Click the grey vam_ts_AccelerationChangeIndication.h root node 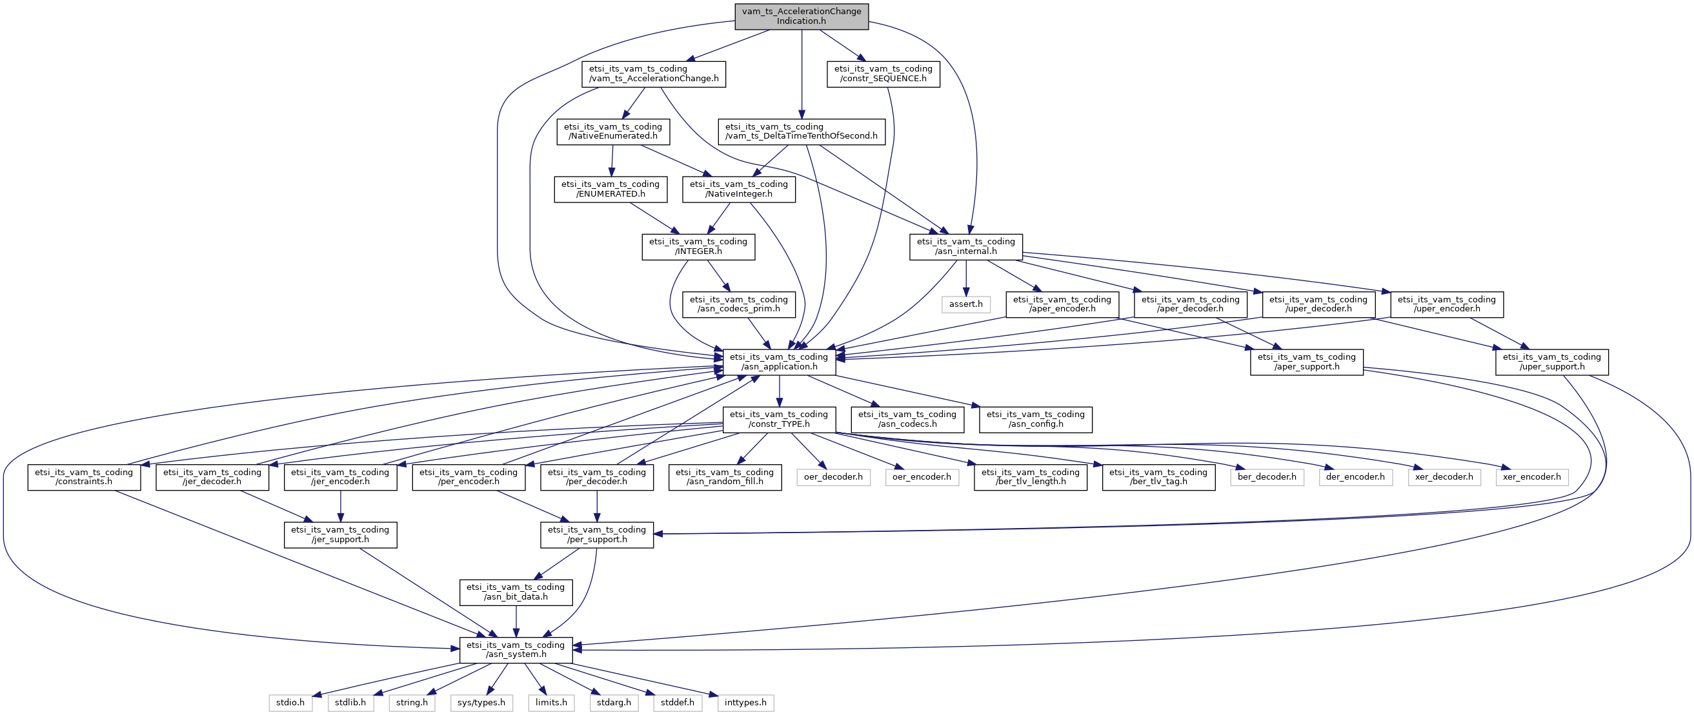(802, 16)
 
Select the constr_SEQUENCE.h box (883, 73)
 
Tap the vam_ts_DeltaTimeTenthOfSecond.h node (801, 132)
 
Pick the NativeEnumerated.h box (613, 132)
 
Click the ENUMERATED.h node (610, 190)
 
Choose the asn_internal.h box (966, 246)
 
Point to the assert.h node (966, 304)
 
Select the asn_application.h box (780, 362)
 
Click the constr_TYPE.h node (780, 419)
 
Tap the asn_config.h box (1036, 419)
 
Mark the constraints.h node (84, 477)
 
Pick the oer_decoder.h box (833, 477)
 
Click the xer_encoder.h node (1532, 477)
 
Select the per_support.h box (597, 535)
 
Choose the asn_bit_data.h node (516, 592)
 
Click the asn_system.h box (516, 650)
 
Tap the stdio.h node (290, 703)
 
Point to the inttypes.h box (746, 703)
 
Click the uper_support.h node (1552, 362)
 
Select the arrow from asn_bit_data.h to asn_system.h (516, 621)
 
